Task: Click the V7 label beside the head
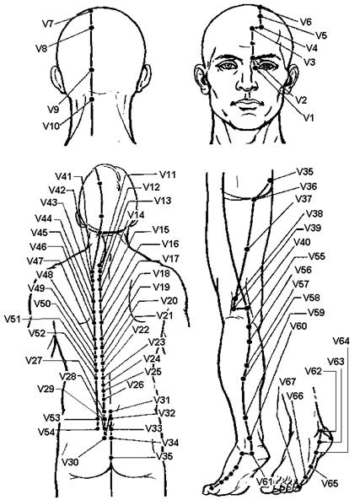coord(47,24)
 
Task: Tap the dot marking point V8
coord(92,28)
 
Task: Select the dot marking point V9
coord(92,69)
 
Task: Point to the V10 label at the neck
coord(51,126)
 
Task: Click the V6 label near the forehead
coord(305,22)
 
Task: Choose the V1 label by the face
coord(309,118)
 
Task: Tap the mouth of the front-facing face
coord(247,104)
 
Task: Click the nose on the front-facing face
coord(245,83)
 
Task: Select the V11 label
coord(168,175)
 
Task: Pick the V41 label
coord(63,176)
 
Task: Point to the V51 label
coord(13,319)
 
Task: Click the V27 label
coord(34,361)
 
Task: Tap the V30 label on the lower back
coord(70,461)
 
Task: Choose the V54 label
coord(46,432)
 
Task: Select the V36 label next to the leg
coord(309,186)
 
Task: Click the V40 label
coord(302,242)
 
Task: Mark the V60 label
coord(298,326)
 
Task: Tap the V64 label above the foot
coord(341,341)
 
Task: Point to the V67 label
coord(287,381)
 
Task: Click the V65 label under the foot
coord(330,483)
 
